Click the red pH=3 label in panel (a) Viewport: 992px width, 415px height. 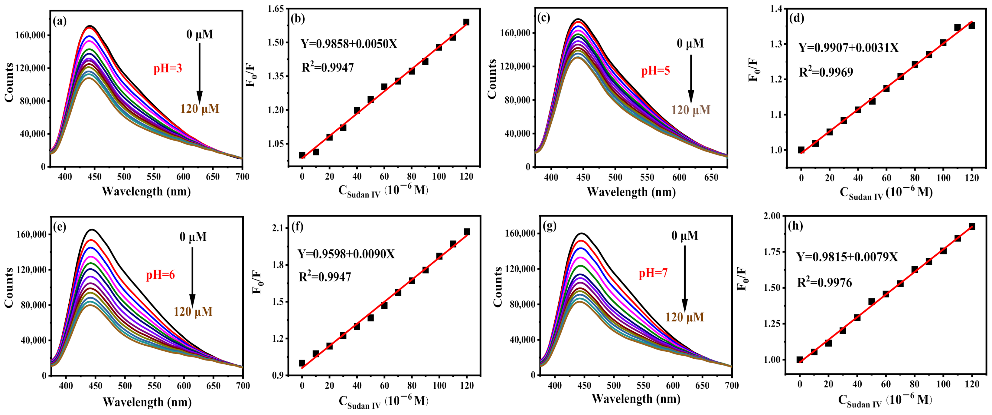click(168, 69)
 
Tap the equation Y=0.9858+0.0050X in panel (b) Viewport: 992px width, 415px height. click(348, 44)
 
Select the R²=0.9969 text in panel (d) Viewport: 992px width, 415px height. click(826, 72)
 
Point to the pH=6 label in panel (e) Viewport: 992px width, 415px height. click(160, 275)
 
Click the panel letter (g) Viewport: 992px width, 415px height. click(549, 226)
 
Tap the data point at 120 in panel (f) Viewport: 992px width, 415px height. click(467, 232)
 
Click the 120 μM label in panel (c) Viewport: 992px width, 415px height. click(691, 110)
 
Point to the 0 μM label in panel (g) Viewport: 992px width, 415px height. click(685, 236)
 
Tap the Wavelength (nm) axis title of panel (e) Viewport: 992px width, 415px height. click(147, 402)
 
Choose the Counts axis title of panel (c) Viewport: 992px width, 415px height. click(492, 79)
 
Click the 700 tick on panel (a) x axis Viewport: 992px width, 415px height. click(242, 177)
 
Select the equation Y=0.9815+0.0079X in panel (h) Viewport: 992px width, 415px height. click(847, 257)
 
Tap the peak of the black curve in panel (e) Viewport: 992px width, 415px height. click(93, 230)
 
